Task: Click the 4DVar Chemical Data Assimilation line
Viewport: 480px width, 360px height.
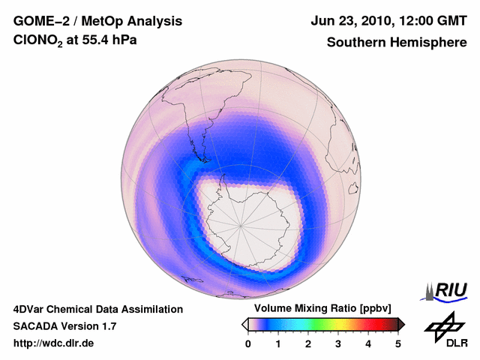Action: tap(98, 309)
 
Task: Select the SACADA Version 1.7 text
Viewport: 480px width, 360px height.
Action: tap(64, 326)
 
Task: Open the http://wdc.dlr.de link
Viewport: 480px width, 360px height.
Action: tap(54, 343)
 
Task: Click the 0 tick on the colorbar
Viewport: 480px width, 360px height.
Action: tap(248, 343)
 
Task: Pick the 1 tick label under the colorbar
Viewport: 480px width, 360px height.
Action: tap(278, 343)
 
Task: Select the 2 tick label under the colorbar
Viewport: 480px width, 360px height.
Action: tap(308, 343)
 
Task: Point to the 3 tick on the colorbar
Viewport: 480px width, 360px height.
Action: tap(338, 343)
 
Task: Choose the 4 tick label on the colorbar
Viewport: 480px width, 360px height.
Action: tap(368, 343)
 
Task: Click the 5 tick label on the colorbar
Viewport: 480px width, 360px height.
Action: tap(398, 343)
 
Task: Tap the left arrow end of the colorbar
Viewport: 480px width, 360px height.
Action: tap(244, 324)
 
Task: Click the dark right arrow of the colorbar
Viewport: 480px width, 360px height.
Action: tap(401, 324)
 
